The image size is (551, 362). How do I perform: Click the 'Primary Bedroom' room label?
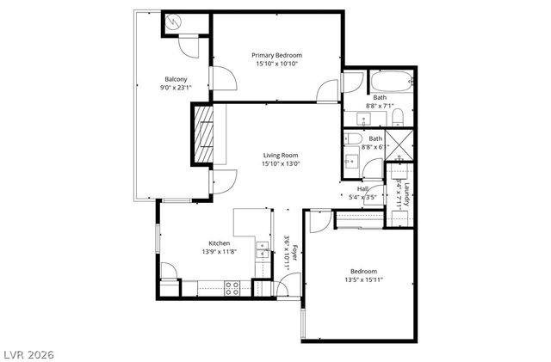[277, 55]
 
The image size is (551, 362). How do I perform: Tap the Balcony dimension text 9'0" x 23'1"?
[176, 88]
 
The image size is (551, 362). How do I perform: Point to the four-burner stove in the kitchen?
[232, 288]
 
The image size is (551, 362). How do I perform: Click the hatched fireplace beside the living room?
[204, 133]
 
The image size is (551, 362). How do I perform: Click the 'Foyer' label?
[294, 253]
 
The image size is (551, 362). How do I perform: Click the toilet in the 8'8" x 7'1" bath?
[397, 117]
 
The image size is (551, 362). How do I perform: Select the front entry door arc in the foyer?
[293, 281]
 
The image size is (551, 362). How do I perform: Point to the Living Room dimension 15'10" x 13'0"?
[281, 165]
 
